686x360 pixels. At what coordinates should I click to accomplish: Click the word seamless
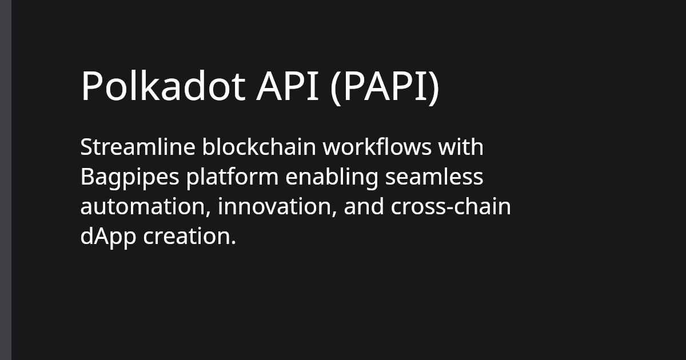click(434, 177)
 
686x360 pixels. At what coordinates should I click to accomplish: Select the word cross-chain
click(450, 207)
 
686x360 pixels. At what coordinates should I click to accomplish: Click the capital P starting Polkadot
click(89, 87)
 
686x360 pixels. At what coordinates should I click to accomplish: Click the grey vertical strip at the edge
click(5, 180)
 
